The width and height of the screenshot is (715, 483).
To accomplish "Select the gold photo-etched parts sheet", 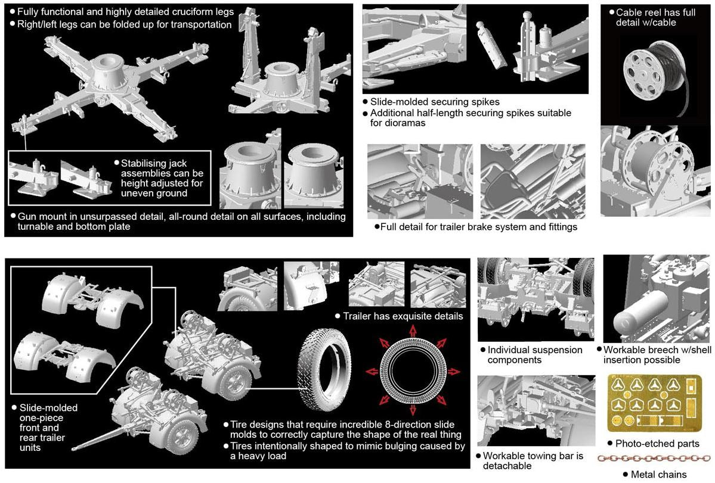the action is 654,403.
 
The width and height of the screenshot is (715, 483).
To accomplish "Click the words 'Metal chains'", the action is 658,474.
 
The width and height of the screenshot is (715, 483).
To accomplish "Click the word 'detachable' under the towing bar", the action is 507,466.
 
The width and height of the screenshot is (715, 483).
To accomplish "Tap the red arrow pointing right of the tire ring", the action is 453,372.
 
